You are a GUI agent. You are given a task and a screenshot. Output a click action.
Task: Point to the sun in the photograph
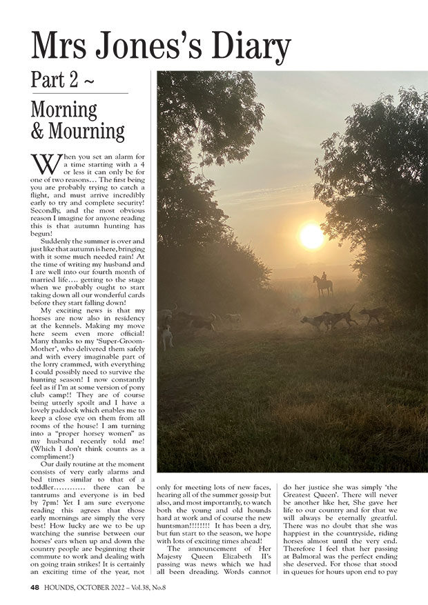coord(312,237)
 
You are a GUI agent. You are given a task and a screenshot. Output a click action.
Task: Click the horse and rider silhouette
coord(322,283)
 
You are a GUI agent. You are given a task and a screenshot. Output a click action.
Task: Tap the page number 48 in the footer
coord(35,588)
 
